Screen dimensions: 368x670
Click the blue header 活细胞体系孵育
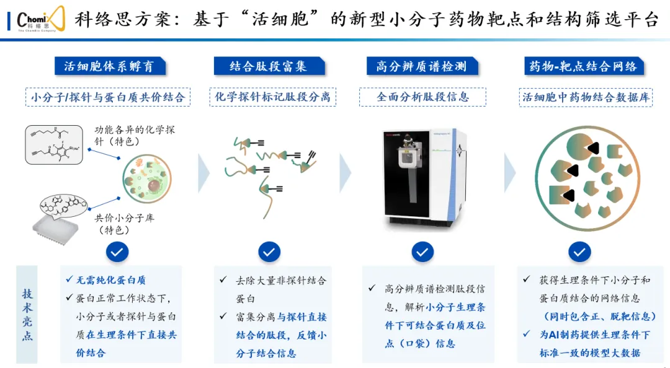109,66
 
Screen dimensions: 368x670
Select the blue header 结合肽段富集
268,66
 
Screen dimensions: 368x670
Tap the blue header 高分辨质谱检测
421,66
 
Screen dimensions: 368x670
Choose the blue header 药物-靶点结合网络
581,66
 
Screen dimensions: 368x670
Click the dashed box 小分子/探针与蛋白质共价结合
108,97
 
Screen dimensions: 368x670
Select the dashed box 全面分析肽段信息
422,97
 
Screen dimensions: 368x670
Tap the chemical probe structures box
54,145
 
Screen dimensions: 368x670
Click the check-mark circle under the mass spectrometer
422,252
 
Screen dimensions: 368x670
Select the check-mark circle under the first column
118,252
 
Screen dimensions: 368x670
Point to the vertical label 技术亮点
28,314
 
